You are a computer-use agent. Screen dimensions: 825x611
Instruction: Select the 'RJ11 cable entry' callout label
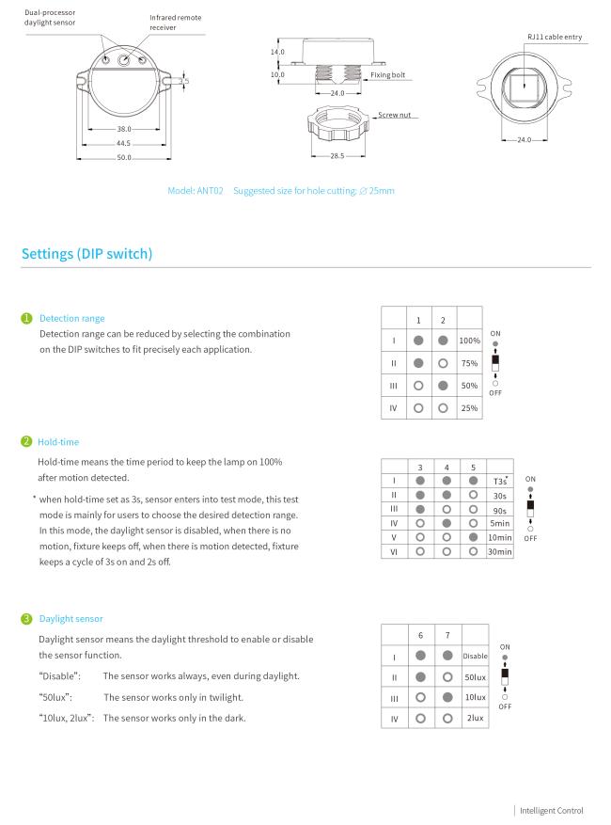pos(555,36)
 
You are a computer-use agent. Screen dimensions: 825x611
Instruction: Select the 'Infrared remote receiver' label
pos(176,24)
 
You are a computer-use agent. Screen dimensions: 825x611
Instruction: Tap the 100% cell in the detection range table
pos(470,340)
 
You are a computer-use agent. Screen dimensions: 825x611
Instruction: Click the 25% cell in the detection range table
pos(470,408)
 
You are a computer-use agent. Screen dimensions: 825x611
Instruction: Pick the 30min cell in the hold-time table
pos(499,551)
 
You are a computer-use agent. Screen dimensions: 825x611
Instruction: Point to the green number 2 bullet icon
pos(27,439)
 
